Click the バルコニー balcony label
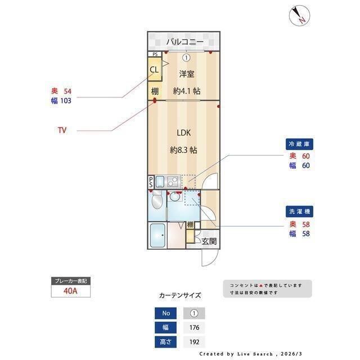pos(184,42)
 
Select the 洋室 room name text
pos(187,74)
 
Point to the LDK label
pos(184,133)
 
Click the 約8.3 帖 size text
pos(183,150)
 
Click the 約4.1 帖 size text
pos(187,91)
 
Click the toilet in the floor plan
pos(157,201)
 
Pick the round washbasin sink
pos(177,197)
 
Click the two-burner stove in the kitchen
pos(172,181)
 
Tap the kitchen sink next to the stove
pos(159,181)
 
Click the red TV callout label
pos(62,130)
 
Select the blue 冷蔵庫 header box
pos(299,144)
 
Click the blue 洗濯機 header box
pos(299,211)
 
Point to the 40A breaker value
pos(70,292)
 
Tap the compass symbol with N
pos(299,15)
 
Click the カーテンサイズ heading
pos(180,295)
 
